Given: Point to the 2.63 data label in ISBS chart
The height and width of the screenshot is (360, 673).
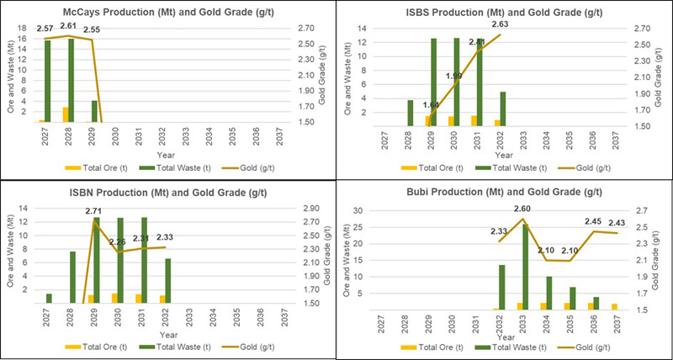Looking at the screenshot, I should [500, 24].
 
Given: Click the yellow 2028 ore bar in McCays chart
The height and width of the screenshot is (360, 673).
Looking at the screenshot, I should [66, 114].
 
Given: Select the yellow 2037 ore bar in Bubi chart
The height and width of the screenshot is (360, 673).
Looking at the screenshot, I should [613, 306].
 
